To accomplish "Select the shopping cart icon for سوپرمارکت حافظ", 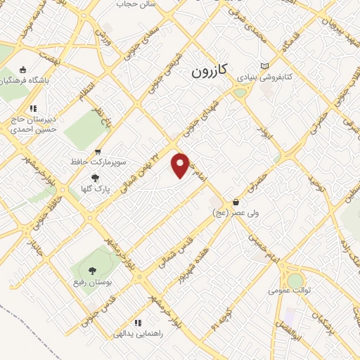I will tap(98, 150).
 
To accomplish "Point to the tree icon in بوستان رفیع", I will tap(91, 269).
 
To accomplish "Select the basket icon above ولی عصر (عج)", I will tap(235, 202).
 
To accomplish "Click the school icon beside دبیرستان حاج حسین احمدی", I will tap(32, 108).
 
